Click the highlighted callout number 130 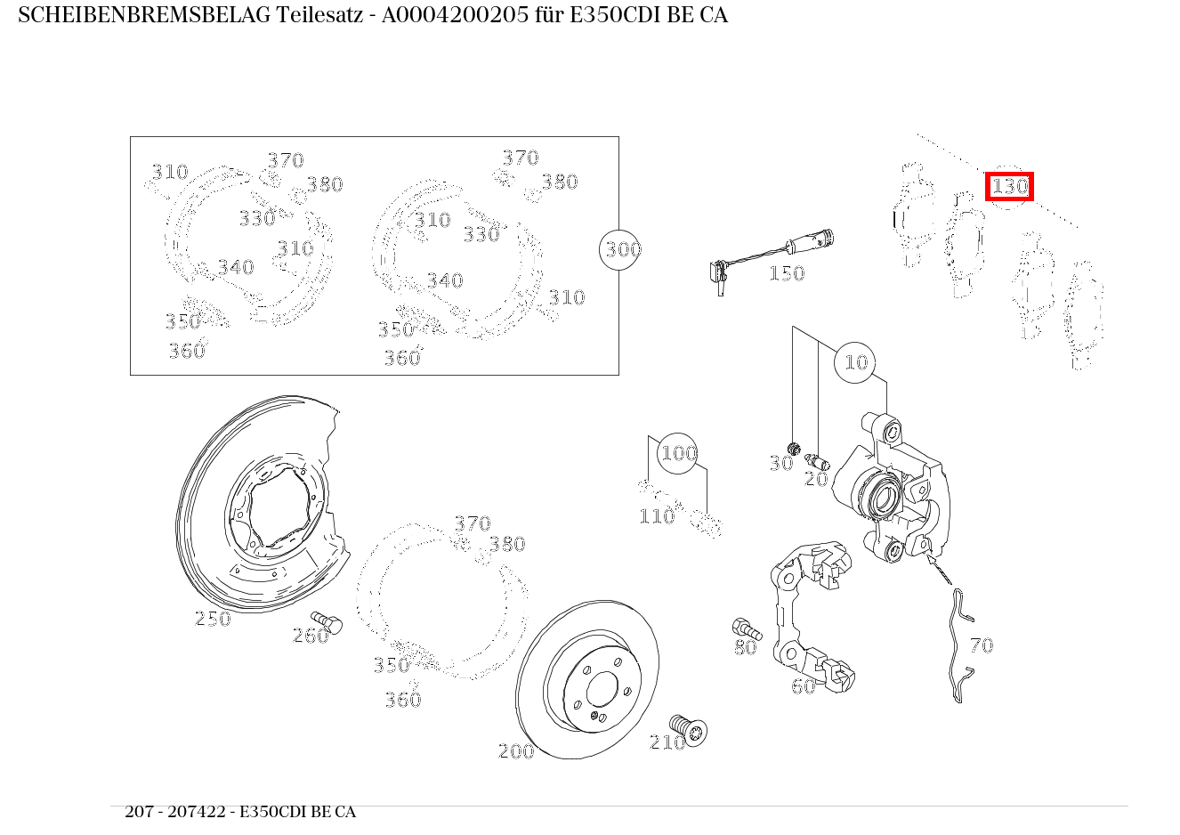pos(1009,187)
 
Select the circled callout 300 pos(621,249)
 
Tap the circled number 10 pos(855,362)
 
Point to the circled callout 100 pos(678,453)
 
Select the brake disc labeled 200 pos(587,681)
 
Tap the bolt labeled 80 pos(743,628)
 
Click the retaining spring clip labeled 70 pos(957,645)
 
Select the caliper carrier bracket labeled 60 pos(810,614)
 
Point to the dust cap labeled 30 pos(795,447)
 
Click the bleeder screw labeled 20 pos(817,461)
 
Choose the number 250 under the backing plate pos(213,619)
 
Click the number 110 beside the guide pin pos(657,516)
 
